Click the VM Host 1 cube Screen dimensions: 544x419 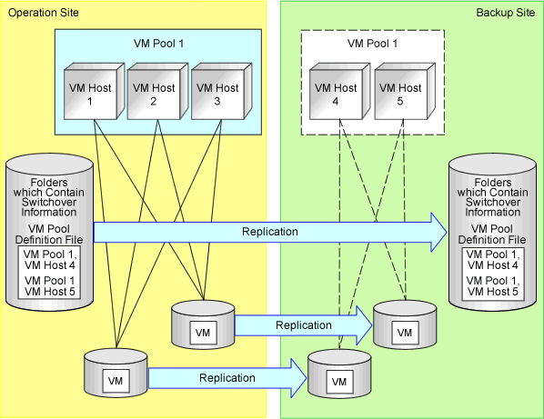[x=94, y=91]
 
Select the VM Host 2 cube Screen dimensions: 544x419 [x=157, y=91]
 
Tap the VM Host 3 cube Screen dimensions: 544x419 [x=221, y=91]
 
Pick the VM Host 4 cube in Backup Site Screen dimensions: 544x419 [x=339, y=91]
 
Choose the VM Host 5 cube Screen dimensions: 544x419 [x=405, y=91]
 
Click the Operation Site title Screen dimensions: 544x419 [x=44, y=13]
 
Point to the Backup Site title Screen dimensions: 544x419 [x=506, y=13]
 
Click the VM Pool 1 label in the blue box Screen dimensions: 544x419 [x=159, y=44]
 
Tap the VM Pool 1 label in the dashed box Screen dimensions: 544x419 [x=373, y=44]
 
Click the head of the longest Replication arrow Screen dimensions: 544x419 [x=438, y=232]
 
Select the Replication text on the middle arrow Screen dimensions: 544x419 [x=304, y=325]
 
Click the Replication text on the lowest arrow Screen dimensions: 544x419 [x=227, y=378]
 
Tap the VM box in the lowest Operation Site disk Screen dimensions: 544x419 [x=116, y=381]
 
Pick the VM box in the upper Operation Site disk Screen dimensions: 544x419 [x=203, y=333]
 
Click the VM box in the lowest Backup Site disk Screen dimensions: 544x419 [x=339, y=382]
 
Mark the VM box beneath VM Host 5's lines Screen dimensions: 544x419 [x=405, y=333]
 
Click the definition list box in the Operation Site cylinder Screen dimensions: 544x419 [x=49, y=273]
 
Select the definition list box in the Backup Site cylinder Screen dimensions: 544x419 [x=493, y=274]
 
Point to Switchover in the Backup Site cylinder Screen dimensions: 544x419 [x=493, y=202]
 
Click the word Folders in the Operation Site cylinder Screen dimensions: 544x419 [x=49, y=183]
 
